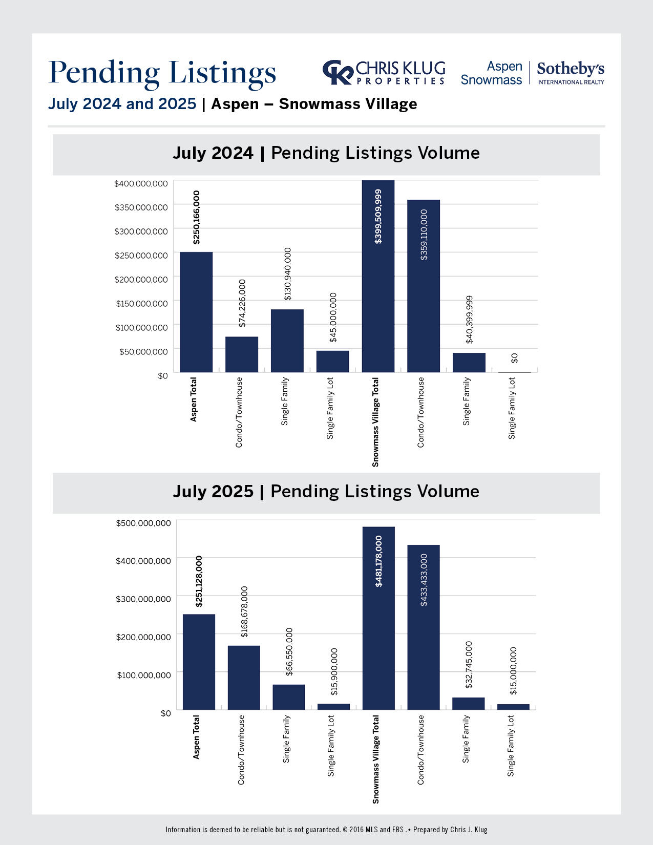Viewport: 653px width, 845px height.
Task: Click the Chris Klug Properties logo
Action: (x=384, y=73)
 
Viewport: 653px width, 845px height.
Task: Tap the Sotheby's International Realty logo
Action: (x=571, y=73)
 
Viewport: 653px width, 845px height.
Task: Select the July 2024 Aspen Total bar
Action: (x=196, y=312)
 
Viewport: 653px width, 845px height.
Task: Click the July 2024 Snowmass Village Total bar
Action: (x=378, y=277)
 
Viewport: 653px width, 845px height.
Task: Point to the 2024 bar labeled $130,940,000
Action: (x=287, y=341)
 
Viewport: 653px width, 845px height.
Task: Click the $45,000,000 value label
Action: (x=333, y=318)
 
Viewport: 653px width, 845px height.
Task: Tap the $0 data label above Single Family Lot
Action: (x=515, y=358)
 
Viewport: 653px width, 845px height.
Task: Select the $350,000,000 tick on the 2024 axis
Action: (x=141, y=207)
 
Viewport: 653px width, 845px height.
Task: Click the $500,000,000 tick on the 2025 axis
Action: (x=143, y=523)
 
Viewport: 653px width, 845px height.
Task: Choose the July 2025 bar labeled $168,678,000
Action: (x=244, y=678)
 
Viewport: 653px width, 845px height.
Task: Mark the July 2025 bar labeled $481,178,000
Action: (x=378, y=618)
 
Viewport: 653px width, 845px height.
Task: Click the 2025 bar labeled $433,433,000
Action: (x=424, y=627)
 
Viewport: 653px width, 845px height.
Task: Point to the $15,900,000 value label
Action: (x=334, y=672)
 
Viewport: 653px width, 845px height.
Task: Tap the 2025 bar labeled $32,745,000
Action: (x=468, y=704)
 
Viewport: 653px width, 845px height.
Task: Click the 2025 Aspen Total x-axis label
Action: (x=196, y=737)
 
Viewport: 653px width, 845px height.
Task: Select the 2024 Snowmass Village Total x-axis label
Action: (x=376, y=422)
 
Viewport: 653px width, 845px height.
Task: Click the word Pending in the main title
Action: (x=104, y=72)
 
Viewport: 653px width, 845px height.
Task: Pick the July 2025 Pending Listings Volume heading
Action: (x=326, y=492)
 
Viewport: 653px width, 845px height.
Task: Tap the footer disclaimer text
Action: (x=326, y=830)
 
